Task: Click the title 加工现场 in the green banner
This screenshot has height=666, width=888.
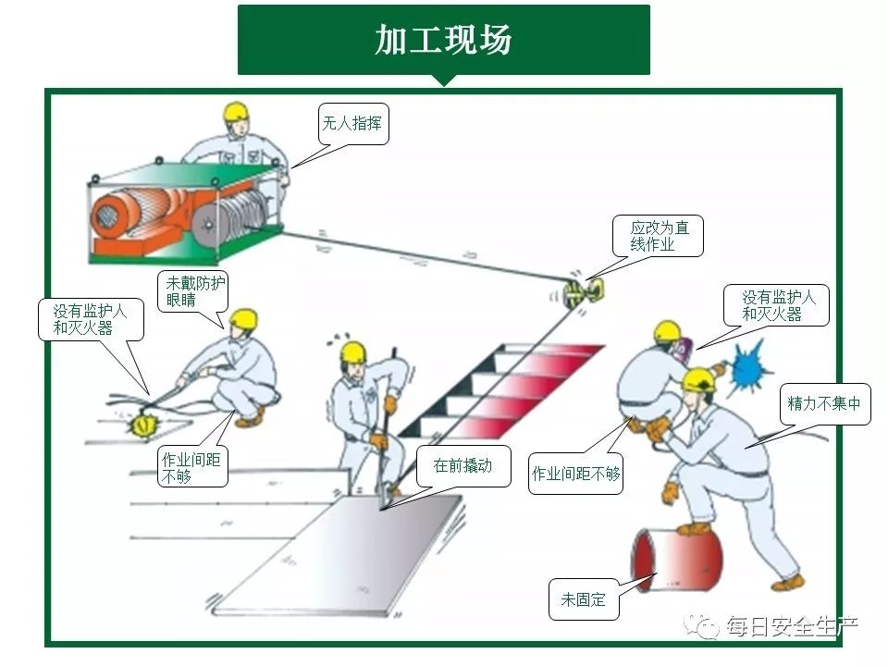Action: [x=443, y=40]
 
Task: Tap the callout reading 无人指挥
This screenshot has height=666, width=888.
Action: [x=352, y=123]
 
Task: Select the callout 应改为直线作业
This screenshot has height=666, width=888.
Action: [x=658, y=236]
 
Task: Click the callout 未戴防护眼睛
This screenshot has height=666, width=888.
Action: [x=193, y=291]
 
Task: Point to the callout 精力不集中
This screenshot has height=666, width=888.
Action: [x=824, y=404]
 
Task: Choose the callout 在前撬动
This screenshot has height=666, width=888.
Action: [x=463, y=465]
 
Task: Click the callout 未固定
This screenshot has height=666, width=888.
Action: [x=584, y=599]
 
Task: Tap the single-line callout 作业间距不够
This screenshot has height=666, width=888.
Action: [x=575, y=474]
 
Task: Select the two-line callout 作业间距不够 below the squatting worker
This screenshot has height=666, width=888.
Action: [x=192, y=466]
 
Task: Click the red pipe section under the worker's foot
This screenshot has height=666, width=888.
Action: [x=677, y=560]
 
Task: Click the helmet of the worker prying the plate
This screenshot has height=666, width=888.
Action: [x=352, y=351]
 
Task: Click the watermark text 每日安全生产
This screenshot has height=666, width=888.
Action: [x=792, y=626]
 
